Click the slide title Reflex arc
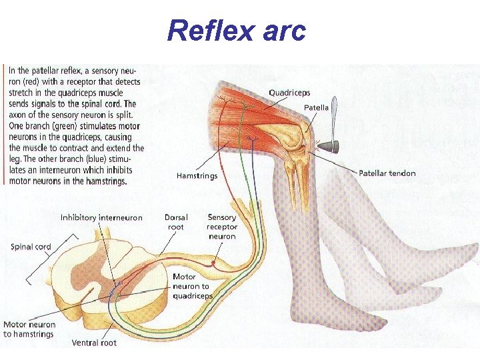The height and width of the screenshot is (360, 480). pyautogui.click(x=237, y=30)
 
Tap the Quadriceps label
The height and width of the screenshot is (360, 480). pyautogui.click(x=289, y=93)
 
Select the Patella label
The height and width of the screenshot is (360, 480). pyautogui.click(x=316, y=107)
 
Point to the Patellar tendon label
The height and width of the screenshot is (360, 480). pyautogui.click(x=387, y=173)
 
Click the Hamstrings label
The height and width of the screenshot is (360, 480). pyautogui.click(x=197, y=176)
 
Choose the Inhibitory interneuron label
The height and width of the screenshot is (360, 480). pyautogui.click(x=101, y=217)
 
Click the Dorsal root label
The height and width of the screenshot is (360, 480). pyautogui.click(x=177, y=221)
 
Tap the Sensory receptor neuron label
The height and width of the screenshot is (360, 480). pyautogui.click(x=222, y=227)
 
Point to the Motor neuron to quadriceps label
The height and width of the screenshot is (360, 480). pyautogui.click(x=192, y=286)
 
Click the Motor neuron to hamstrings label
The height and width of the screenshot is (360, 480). pyautogui.click(x=29, y=329)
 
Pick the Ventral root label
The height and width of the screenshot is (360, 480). pyautogui.click(x=94, y=343)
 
